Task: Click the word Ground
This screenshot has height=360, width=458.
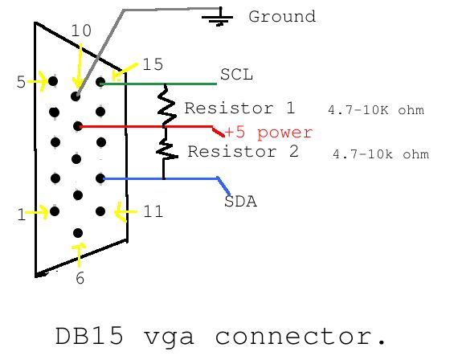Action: pos(282,17)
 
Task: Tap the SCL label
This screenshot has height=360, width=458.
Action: pos(236,75)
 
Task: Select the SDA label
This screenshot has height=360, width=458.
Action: pos(240,202)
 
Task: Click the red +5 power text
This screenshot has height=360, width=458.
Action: pos(268,133)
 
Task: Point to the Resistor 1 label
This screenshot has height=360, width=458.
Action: pos(239,108)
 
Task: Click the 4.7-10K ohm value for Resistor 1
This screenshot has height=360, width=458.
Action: pos(375,110)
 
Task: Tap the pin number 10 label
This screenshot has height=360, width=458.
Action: pos(81,31)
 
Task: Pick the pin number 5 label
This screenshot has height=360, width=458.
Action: pos(20,82)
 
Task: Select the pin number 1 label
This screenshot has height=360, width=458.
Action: pos(22,215)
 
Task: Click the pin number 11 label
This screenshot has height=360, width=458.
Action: pos(153,212)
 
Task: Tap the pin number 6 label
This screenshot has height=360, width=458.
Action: pos(80,279)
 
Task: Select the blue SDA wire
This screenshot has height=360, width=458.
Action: pos(161,178)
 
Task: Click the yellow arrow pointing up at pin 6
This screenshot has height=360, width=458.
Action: pos(79,253)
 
